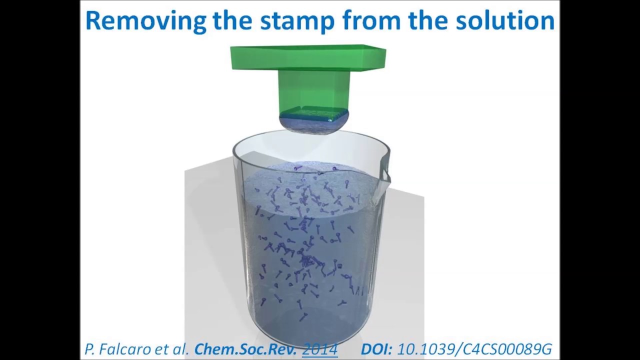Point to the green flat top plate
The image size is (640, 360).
point(307,57)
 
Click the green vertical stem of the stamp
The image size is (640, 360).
point(313,90)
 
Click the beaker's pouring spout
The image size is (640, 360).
point(384,170)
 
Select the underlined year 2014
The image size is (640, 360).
point(320,349)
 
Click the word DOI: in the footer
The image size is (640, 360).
point(377,349)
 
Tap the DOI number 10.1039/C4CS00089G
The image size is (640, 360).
point(474,349)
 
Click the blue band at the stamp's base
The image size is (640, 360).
point(314,114)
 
